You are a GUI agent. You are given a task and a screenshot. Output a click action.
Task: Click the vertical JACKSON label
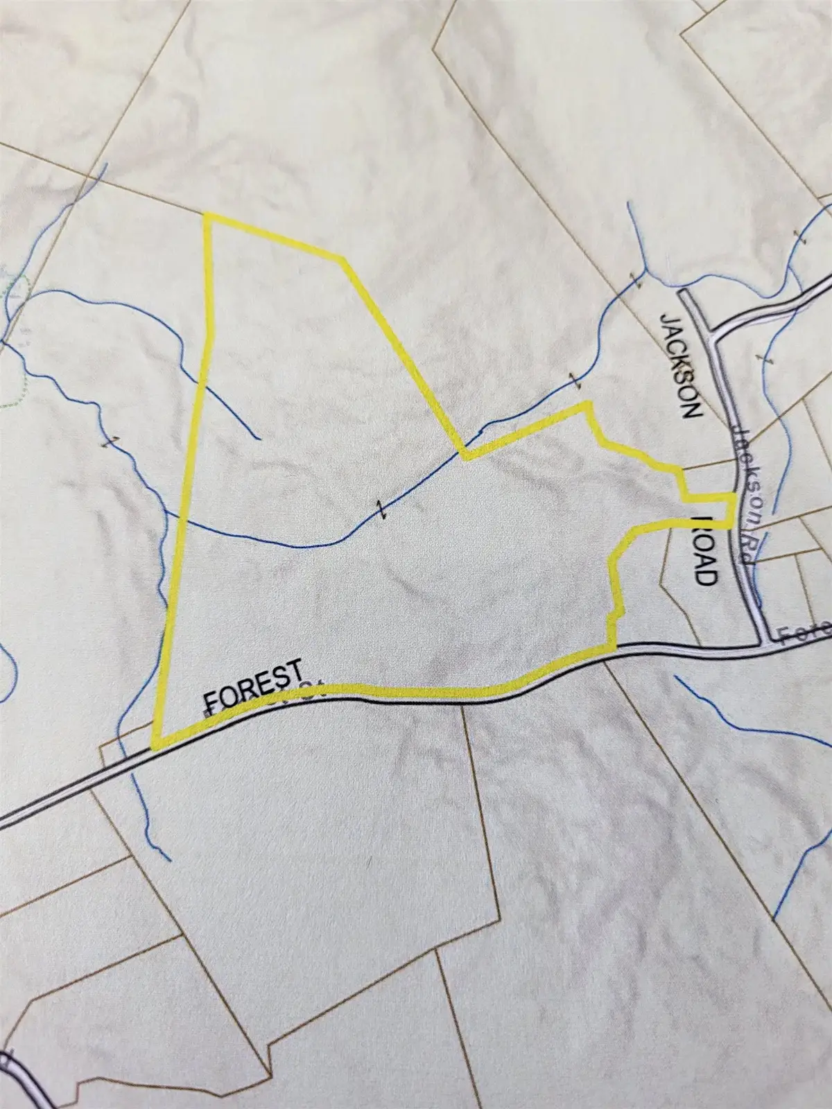pyautogui.click(x=681, y=365)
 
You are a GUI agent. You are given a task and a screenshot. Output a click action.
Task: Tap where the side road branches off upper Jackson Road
pyautogui.click(x=712, y=331)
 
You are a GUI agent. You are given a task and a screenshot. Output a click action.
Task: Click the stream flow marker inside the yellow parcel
pyautogui.click(x=379, y=508)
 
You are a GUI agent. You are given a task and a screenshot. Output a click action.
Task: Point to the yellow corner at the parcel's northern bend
pyautogui.click(x=342, y=259)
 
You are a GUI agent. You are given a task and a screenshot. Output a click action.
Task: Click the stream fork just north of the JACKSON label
pyautogui.click(x=645, y=270)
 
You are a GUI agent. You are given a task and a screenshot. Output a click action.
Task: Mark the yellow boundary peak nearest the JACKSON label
pyautogui.click(x=587, y=404)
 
